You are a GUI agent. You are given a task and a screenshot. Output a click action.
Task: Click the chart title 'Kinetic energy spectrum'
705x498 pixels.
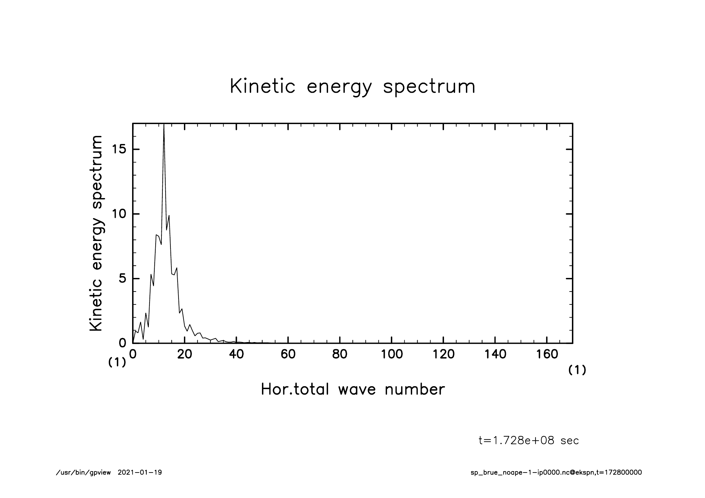(352, 87)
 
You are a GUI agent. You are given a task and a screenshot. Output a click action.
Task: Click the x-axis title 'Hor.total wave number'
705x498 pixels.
(352, 389)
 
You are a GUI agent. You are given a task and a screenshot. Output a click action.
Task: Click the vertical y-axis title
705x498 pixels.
(96, 233)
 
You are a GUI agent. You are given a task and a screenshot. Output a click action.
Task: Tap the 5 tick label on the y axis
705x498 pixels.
(122, 278)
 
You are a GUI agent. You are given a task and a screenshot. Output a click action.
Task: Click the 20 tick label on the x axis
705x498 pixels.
(185, 354)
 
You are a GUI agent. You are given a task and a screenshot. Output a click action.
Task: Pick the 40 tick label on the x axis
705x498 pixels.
(236, 354)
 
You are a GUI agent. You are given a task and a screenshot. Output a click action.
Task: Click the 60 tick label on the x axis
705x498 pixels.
(288, 354)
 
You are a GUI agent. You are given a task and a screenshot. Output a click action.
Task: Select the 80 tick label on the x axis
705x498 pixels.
(340, 354)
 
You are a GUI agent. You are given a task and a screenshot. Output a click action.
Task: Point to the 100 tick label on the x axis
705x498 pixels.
(391, 354)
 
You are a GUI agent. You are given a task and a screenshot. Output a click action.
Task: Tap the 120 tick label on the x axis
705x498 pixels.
(443, 354)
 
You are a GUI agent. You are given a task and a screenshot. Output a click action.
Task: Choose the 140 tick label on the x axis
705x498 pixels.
(495, 354)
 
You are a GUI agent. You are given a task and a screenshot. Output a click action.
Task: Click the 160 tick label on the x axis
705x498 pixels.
(547, 354)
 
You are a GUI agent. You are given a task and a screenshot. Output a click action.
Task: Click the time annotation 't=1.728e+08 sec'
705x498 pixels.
(529, 440)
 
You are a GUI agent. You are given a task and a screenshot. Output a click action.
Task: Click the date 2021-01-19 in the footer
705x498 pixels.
(140, 473)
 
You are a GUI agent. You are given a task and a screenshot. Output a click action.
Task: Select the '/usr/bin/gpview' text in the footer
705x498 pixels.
(83, 473)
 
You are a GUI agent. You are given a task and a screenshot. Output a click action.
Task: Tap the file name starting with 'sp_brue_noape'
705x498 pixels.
(556, 473)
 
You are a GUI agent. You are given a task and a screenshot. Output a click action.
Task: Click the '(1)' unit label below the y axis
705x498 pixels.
(117, 363)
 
